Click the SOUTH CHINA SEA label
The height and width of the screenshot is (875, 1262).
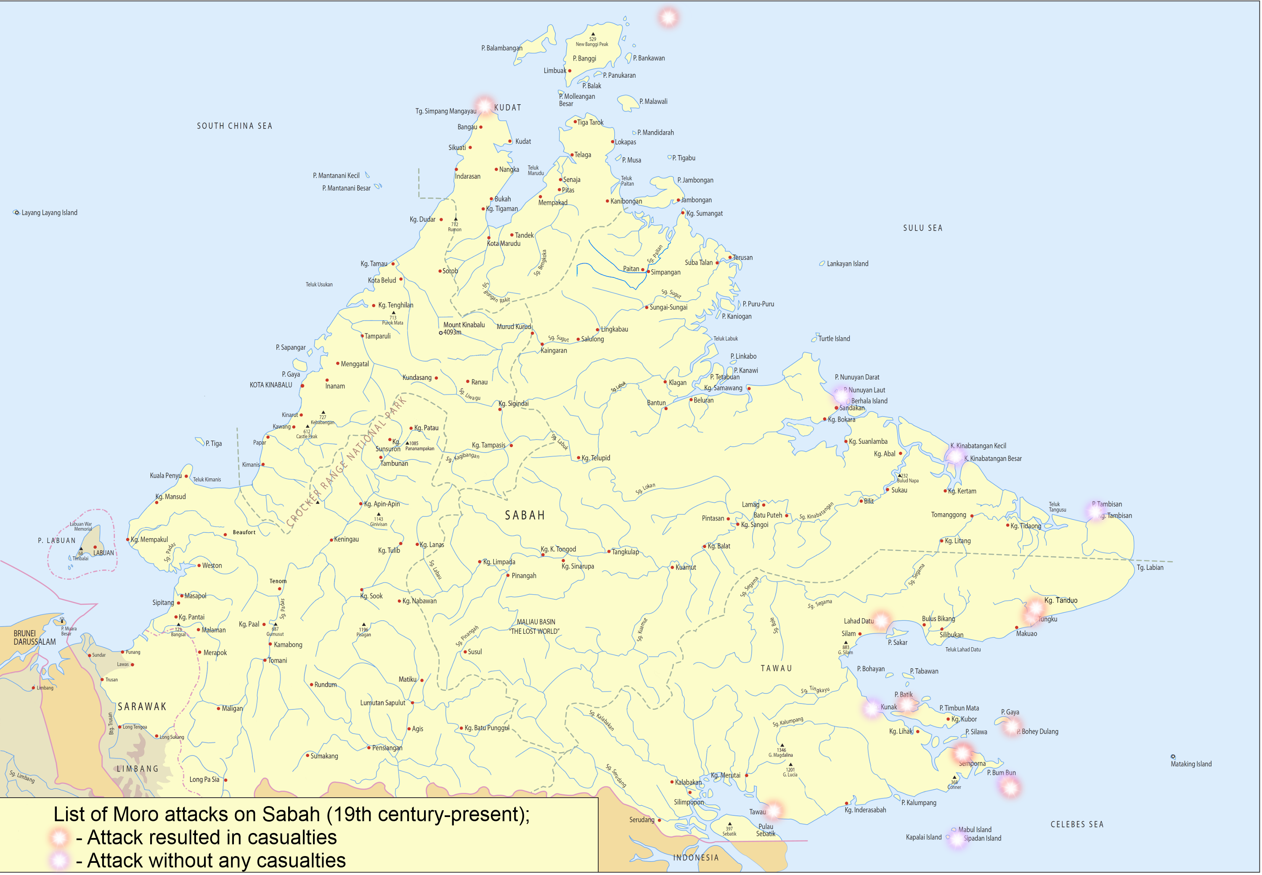(x=235, y=126)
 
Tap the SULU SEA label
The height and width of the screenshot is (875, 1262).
(x=923, y=228)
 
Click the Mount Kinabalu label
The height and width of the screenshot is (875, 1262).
(x=464, y=325)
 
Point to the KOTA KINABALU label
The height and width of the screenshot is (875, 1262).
(x=271, y=385)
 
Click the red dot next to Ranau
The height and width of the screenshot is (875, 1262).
(x=467, y=382)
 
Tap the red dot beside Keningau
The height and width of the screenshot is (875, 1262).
(x=331, y=540)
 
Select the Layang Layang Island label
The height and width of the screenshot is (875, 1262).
(x=49, y=213)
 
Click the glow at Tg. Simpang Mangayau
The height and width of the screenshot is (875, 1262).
(x=485, y=105)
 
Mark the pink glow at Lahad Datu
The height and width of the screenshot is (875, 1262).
(x=881, y=620)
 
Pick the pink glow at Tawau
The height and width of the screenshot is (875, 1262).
(x=774, y=810)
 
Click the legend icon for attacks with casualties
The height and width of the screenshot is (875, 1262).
(x=59, y=837)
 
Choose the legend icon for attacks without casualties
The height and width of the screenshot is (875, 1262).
(x=59, y=860)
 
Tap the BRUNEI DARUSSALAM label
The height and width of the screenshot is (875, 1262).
(x=34, y=638)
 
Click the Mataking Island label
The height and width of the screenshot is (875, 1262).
(x=1191, y=764)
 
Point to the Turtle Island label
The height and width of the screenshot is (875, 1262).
(x=835, y=339)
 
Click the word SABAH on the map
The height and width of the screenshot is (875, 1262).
(x=525, y=515)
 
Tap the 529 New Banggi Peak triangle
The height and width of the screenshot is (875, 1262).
(x=593, y=34)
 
